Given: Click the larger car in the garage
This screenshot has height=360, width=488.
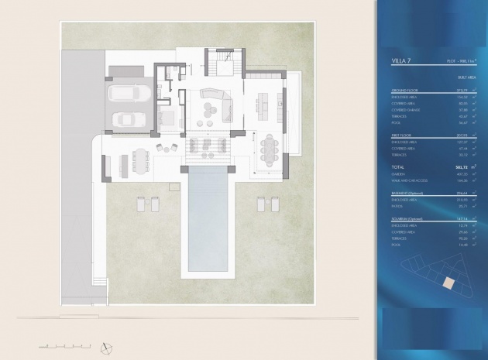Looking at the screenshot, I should pyautogui.click(x=127, y=95).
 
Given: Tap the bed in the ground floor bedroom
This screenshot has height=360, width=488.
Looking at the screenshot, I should pyautogui.click(x=167, y=118).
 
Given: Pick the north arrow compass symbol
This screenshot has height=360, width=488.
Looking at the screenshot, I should pyautogui.click(x=107, y=344).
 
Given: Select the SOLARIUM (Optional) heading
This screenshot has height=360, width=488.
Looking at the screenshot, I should pyautogui.click(x=411, y=220).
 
